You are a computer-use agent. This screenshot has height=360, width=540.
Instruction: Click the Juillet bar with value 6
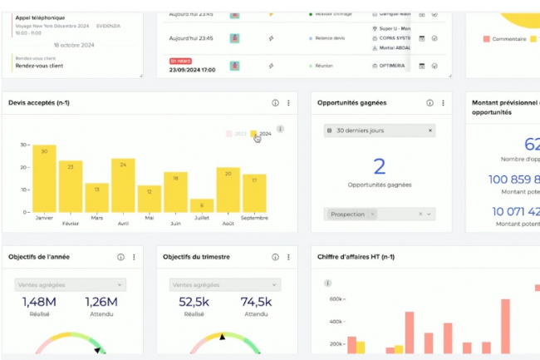coord(201,205)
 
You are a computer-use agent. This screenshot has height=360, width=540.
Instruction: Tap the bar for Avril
coord(123,185)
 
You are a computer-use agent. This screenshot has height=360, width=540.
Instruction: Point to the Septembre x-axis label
coord(254,218)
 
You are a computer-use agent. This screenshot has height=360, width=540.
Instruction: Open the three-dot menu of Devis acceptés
coord(289,103)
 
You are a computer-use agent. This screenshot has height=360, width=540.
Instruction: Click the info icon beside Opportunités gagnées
coord(430,103)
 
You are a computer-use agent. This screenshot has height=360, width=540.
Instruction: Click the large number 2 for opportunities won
coord(380,166)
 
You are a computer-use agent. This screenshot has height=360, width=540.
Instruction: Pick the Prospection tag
coord(347,214)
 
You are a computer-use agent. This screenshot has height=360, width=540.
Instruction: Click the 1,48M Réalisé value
coord(39,302)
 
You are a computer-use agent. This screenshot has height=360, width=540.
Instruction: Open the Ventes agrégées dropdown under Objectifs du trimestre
coord(225,284)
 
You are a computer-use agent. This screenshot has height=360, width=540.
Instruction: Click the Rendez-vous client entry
coord(41,65)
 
